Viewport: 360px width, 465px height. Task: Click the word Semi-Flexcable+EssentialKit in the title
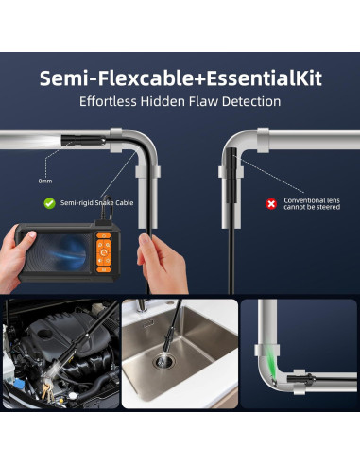(x=180, y=78)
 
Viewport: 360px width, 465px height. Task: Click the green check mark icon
(x=49, y=203)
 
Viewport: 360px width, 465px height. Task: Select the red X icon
(x=271, y=204)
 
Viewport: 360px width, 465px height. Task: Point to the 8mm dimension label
(x=45, y=181)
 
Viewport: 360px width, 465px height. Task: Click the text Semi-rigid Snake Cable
(x=96, y=202)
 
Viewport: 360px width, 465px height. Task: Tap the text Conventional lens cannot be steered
(x=312, y=203)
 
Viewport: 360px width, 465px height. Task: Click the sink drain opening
(x=163, y=362)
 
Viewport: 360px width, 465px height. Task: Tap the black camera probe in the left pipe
(x=83, y=140)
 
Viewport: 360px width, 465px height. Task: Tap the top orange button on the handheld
(x=104, y=235)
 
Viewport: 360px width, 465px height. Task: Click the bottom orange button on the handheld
(x=104, y=269)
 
